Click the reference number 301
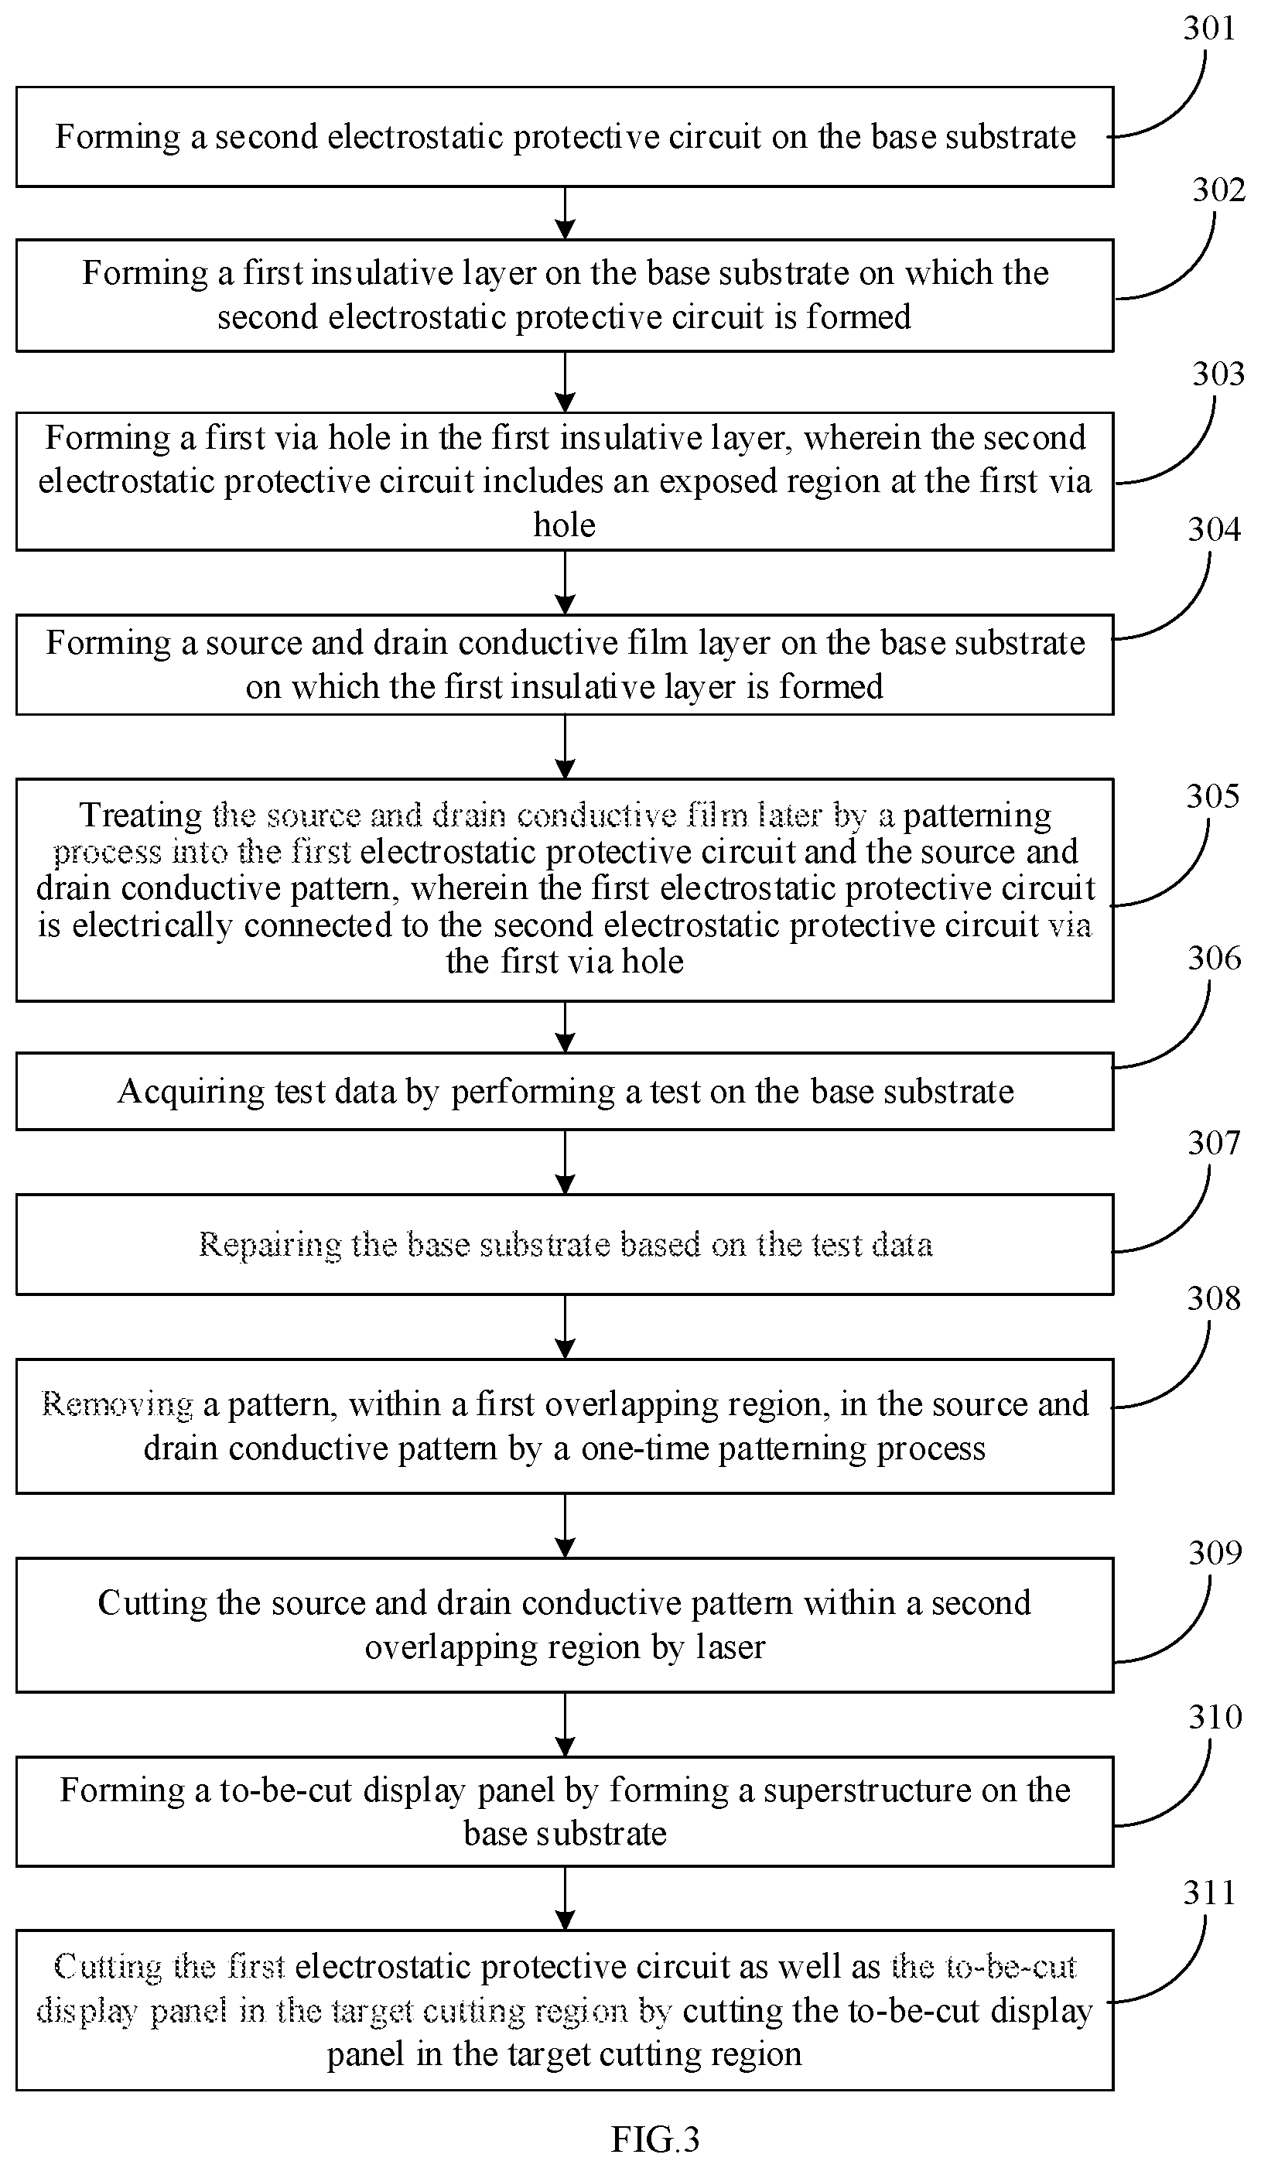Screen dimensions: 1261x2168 pos(1208,29)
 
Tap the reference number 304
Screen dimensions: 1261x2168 pos(1214,529)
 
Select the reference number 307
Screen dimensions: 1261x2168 pos(1214,1143)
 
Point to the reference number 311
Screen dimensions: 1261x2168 pos(1208,1893)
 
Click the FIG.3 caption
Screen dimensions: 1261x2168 pos(654,2139)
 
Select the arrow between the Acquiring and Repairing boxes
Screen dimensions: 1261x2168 pos(564,1162)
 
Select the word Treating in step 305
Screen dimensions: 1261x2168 pos(141,816)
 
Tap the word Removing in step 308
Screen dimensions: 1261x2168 pos(117,1404)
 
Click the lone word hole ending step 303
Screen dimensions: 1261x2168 pos(564,525)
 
